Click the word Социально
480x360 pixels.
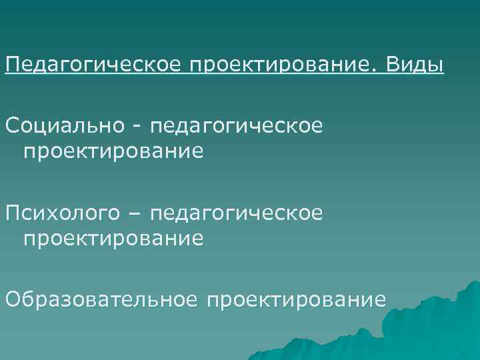click(59, 125)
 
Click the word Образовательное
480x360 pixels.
click(101, 299)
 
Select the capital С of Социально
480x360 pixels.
click(11, 125)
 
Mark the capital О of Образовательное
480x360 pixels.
click(12, 299)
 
